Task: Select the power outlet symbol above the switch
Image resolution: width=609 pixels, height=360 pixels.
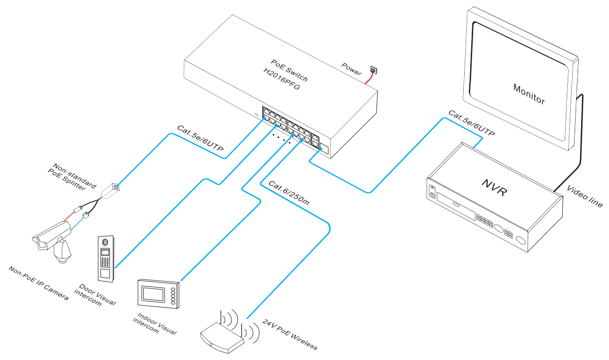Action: click(x=374, y=72)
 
